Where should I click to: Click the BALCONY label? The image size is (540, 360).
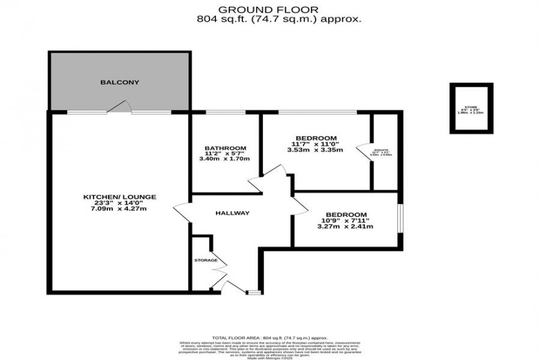coord(120,83)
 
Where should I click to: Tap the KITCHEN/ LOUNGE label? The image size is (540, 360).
coord(120,197)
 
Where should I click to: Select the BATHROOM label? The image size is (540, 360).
coord(225,148)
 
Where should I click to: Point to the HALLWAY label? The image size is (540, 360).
coord(233,213)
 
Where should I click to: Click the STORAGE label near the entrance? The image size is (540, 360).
coord(206,260)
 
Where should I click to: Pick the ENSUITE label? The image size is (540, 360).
coord(381,150)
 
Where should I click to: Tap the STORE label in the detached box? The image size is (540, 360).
coord(471,108)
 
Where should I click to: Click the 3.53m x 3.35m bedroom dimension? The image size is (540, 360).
coord(316,149)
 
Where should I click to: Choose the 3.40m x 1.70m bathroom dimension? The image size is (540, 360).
coord(225,159)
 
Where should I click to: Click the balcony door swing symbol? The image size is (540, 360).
coord(120,107)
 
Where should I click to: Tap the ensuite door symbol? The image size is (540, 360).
coord(364,151)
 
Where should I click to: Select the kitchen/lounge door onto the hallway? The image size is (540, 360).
coord(182,212)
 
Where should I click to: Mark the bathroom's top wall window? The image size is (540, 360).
coord(225,112)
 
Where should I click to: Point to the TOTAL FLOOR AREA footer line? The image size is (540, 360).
coord(270,337)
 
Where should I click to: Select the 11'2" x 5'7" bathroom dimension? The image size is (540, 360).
coord(225,154)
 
